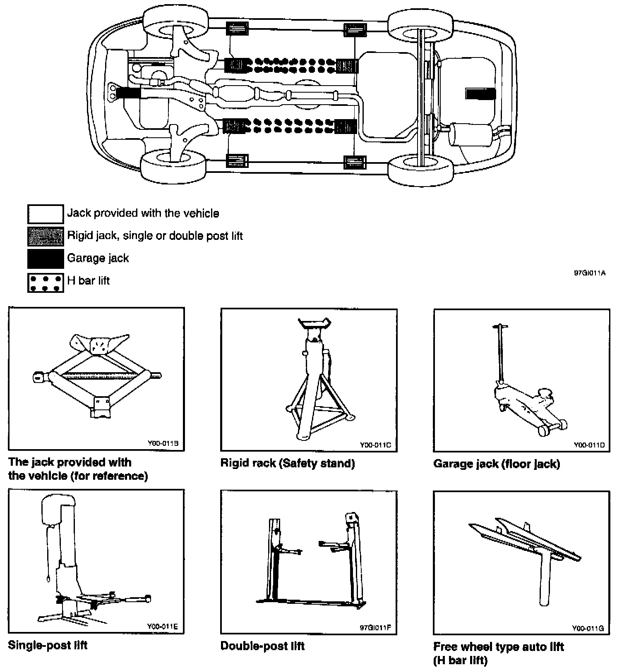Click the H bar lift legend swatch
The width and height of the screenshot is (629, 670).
pyautogui.click(x=46, y=282)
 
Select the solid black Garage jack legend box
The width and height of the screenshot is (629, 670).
pyautogui.click(x=46, y=259)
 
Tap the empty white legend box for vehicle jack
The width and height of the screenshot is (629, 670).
pyautogui.click(x=46, y=214)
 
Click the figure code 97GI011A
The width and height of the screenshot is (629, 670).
pyautogui.click(x=590, y=273)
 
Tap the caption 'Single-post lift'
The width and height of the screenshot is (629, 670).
pyautogui.click(x=48, y=645)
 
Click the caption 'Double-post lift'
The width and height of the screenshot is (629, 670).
pyautogui.click(x=262, y=646)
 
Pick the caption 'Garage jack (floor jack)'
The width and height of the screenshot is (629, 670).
pyautogui.click(x=497, y=464)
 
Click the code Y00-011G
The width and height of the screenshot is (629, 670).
pyautogui.click(x=588, y=628)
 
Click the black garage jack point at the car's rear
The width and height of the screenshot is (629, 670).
pyautogui.click(x=480, y=94)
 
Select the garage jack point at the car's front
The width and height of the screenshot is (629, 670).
pyautogui.click(x=128, y=92)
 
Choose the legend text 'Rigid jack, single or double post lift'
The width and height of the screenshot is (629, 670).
pyautogui.click(x=155, y=236)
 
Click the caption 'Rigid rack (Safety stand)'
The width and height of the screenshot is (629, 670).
pyautogui.click(x=288, y=463)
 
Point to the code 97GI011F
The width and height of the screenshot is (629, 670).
pyautogui.click(x=375, y=628)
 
